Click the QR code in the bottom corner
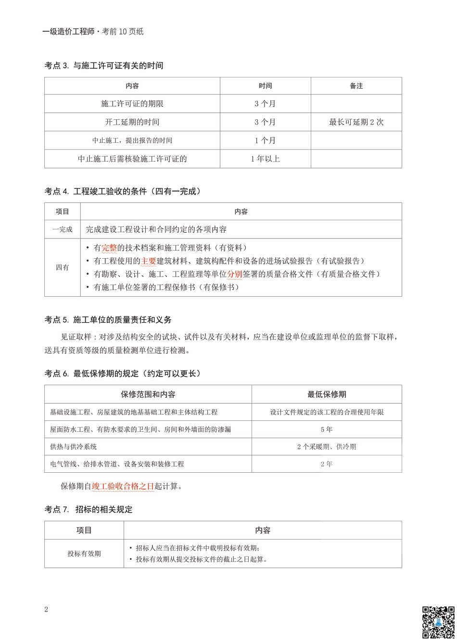pos(438,622)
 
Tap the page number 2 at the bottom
pos(46,609)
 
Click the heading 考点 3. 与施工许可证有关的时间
pos(104,65)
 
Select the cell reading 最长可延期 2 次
pos(356,122)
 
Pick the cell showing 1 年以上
pos(265,159)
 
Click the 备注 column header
pos(356,86)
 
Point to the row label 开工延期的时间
pos(132,122)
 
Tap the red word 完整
pos(109,248)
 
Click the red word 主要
pos(149,261)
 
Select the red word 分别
pos(235,274)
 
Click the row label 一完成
pos(63,229)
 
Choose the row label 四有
pos(63,267)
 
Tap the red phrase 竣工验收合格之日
pos(123,486)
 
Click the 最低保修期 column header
pos(327,394)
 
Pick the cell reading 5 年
pos(327,429)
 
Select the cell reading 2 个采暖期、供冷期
pos(327,447)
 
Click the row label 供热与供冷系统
pos(74,447)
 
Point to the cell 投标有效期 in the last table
pos(84,553)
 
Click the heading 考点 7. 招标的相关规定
pos(89,509)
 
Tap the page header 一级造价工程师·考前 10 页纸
pos(93,32)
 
